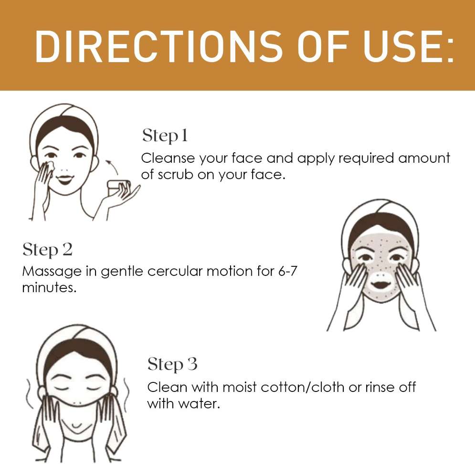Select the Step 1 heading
pyautogui.click(x=165, y=136)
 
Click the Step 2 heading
pyautogui.click(x=47, y=250)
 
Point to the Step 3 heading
pyautogui.click(x=172, y=364)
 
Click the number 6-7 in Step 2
pyautogui.click(x=287, y=271)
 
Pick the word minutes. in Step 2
pyautogui.click(x=49, y=287)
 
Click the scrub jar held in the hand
pyautogui.click(x=118, y=188)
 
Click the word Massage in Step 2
pyautogui.click(x=52, y=272)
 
